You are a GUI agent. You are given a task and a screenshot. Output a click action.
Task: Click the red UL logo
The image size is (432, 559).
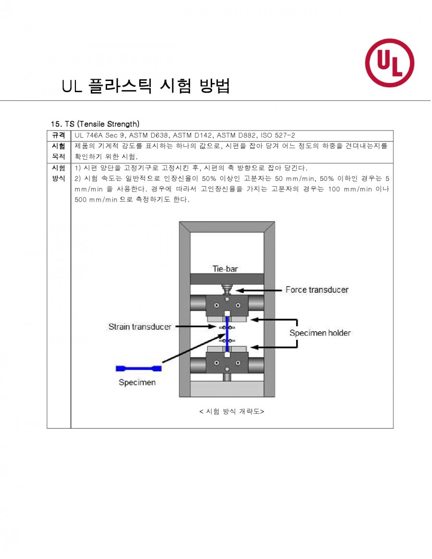tap(390, 63)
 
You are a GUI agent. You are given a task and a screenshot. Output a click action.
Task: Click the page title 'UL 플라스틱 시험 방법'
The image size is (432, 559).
tap(146, 86)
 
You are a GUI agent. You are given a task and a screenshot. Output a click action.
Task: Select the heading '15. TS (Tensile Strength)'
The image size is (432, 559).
tap(95, 124)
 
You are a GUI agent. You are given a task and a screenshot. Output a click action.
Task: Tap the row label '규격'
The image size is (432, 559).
tap(59, 135)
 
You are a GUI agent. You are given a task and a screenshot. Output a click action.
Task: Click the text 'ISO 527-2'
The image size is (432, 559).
tap(278, 135)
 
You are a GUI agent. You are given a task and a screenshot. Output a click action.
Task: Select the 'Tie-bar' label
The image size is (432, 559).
tap(225, 269)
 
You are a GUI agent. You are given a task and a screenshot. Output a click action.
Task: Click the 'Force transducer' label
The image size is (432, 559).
tap(317, 290)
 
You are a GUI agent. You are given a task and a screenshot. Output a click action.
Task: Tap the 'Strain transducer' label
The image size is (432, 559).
tap(140, 327)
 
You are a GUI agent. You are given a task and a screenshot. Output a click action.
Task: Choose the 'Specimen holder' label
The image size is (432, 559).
tap(320, 333)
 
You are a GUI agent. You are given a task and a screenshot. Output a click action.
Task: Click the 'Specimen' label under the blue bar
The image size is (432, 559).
tap(137, 382)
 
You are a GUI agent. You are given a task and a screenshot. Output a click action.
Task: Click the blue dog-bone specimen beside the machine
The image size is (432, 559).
tap(138, 369)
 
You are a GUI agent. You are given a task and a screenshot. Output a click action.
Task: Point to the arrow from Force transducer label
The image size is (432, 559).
tap(259, 291)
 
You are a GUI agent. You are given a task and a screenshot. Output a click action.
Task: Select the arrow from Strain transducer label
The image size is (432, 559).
tap(196, 327)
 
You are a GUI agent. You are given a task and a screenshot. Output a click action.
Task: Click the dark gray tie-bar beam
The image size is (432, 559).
tap(227, 279)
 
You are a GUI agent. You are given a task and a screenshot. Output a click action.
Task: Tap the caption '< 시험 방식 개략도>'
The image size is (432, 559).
tap(231, 411)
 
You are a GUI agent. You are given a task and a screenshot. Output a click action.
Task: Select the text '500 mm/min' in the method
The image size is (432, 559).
tap(96, 200)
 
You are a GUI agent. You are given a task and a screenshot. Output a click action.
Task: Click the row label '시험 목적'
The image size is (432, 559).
tap(59, 151)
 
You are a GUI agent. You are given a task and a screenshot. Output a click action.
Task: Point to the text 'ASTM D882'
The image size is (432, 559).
tap(237, 135)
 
